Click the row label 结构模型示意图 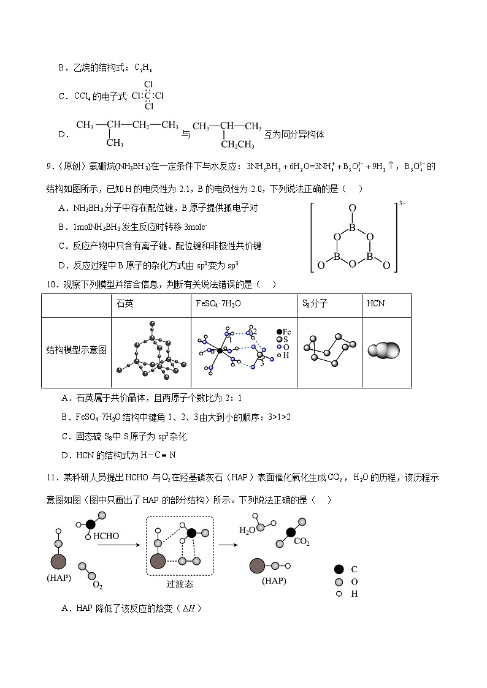(x=77, y=350)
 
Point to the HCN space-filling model (x=384, y=350)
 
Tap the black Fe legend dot (x=279, y=331)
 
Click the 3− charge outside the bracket (x=402, y=203)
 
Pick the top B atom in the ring (x=352, y=224)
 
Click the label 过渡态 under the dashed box (x=179, y=584)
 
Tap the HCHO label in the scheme (x=106, y=536)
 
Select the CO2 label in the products (x=301, y=542)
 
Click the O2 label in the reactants (x=97, y=585)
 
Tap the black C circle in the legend (x=339, y=569)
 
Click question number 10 (x=52, y=284)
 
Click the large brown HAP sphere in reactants (x=59, y=561)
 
